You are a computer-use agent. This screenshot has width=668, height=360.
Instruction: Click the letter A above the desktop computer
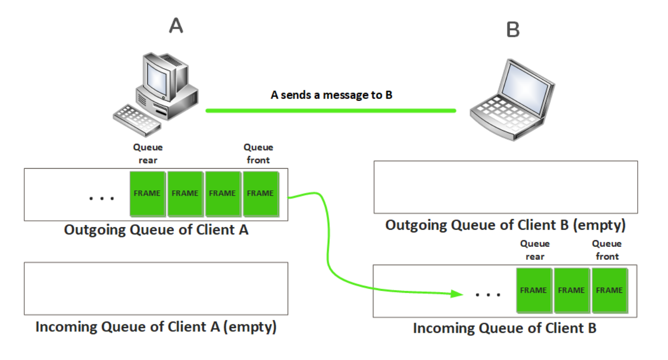point(176,26)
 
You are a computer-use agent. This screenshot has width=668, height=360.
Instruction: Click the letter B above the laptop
point(512,30)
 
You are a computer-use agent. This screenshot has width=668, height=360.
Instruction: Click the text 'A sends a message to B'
point(331,95)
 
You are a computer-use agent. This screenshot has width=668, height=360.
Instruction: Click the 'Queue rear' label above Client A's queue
point(148,153)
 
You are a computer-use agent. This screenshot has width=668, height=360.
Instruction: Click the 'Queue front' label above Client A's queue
point(258,153)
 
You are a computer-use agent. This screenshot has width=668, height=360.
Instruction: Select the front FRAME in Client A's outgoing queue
point(260,193)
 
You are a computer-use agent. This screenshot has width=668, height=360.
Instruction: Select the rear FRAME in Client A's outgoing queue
point(147,193)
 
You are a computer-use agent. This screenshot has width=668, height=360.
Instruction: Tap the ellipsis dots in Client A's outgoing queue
point(101,198)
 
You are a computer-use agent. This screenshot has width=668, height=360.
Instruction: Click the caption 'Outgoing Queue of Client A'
point(156,230)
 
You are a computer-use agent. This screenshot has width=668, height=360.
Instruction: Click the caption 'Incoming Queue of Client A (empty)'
point(156,326)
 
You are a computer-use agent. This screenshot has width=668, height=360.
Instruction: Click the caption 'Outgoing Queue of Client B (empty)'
point(505,225)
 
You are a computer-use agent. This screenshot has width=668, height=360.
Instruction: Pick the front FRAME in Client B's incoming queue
point(609,290)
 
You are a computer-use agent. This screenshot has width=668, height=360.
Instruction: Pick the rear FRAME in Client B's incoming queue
point(533,290)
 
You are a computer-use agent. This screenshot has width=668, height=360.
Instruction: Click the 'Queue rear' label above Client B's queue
point(535,250)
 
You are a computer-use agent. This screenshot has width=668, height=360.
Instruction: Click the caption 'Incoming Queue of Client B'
point(504,328)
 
